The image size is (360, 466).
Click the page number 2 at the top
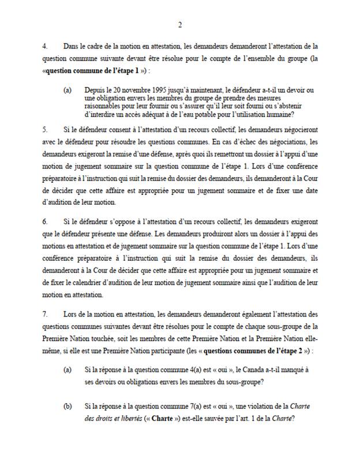point(180,24)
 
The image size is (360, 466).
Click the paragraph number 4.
point(47,44)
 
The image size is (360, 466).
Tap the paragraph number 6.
point(47,221)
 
